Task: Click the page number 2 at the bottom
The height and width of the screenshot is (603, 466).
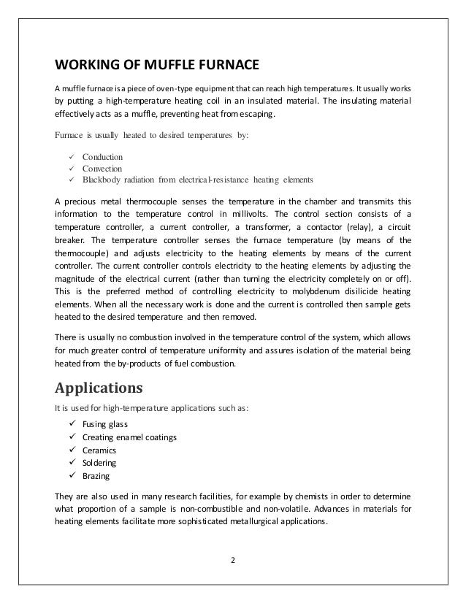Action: pos(233,560)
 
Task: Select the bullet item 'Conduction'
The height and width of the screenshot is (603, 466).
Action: pos(103,157)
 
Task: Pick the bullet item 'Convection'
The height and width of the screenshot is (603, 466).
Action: pos(103,168)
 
